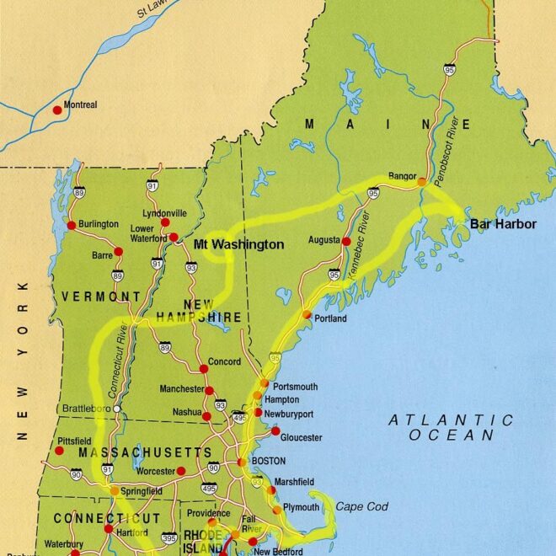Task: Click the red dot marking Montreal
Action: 57,110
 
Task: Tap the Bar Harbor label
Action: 503,226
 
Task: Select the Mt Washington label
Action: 239,244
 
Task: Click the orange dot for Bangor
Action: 422,181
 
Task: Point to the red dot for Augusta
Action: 345,241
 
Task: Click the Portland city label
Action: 330,319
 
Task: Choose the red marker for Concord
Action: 203,369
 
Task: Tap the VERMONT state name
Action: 100,297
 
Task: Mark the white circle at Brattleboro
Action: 118,409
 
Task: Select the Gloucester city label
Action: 301,438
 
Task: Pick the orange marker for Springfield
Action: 115,490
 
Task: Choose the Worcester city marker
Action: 181,471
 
